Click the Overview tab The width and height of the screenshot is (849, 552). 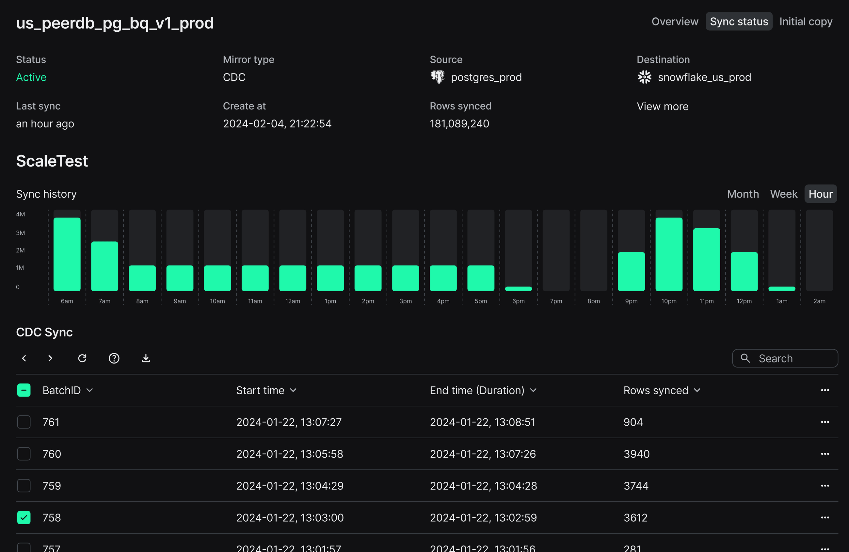675,22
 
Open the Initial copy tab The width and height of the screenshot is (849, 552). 806,22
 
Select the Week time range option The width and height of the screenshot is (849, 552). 783,194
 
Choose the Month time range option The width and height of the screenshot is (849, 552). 743,194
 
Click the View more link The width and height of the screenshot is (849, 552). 663,106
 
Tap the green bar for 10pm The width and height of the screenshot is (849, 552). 668,254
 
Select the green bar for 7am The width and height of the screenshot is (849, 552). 104,266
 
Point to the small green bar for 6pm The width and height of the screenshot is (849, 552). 518,289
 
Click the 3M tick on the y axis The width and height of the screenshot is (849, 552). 20,233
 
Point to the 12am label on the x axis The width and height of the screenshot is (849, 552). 293,301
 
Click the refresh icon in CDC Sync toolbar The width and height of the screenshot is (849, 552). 82,358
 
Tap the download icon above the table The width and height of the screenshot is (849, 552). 146,358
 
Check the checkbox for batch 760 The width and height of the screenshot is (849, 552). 24,454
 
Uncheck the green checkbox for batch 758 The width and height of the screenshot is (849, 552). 24,517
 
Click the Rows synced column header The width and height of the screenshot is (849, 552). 656,390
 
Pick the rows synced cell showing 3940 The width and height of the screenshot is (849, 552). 636,454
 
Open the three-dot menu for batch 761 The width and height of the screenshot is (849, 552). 825,422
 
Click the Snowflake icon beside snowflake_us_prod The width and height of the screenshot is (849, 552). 644,77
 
